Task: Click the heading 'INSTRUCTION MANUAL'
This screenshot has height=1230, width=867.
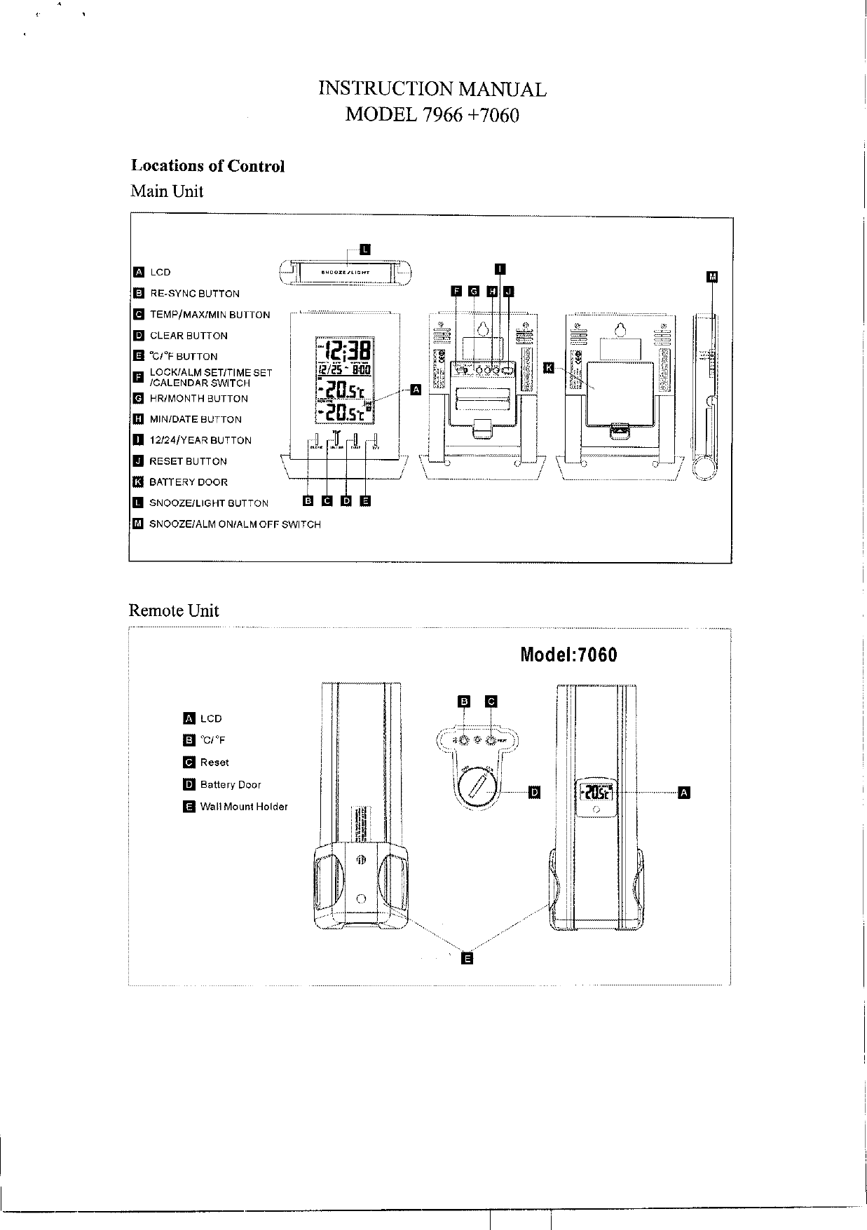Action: tap(432, 89)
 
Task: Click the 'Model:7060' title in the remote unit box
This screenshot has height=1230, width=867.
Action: tap(568, 655)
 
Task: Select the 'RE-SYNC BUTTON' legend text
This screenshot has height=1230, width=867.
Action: tap(195, 294)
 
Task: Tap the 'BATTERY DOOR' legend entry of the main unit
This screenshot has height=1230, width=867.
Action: tap(189, 482)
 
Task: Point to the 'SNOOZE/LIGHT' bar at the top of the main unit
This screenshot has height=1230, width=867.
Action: tap(346, 272)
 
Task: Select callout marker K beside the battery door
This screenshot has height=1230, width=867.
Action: tap(549, 368)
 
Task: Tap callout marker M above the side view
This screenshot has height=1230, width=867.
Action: tap(713, 277)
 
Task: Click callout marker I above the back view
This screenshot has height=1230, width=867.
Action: tap(500, 268)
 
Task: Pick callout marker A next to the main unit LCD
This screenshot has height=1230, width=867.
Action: tap(415, 389)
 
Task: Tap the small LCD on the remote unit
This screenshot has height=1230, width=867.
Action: tap(595, 793)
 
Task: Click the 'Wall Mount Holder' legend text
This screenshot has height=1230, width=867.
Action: tap(244, 807)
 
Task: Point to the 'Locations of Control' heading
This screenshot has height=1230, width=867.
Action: tap(208, 166)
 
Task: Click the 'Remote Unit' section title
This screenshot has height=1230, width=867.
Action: tap(174, 610)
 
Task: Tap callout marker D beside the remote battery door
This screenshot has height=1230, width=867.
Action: tap(534, 792)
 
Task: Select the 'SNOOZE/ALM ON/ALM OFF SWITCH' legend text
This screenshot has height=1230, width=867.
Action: tap(235, 524)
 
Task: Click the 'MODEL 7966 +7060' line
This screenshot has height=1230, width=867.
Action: tap(432, 114)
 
